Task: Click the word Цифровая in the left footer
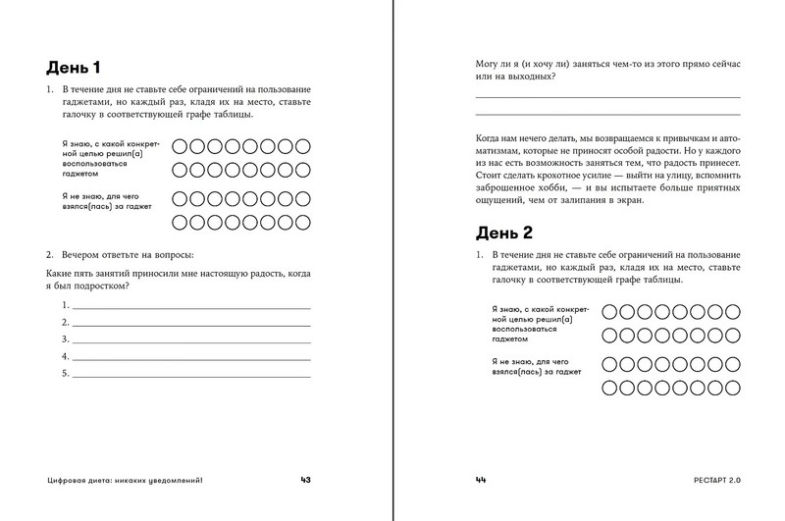[69, 481]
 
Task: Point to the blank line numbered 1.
[191, 307]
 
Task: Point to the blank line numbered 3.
[191, 339]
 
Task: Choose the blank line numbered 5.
[191, 374]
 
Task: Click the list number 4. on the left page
[66, 355]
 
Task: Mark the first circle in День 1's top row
[180, 146]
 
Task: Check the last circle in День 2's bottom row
[732, 387]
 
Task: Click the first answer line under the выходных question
[607, 97]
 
